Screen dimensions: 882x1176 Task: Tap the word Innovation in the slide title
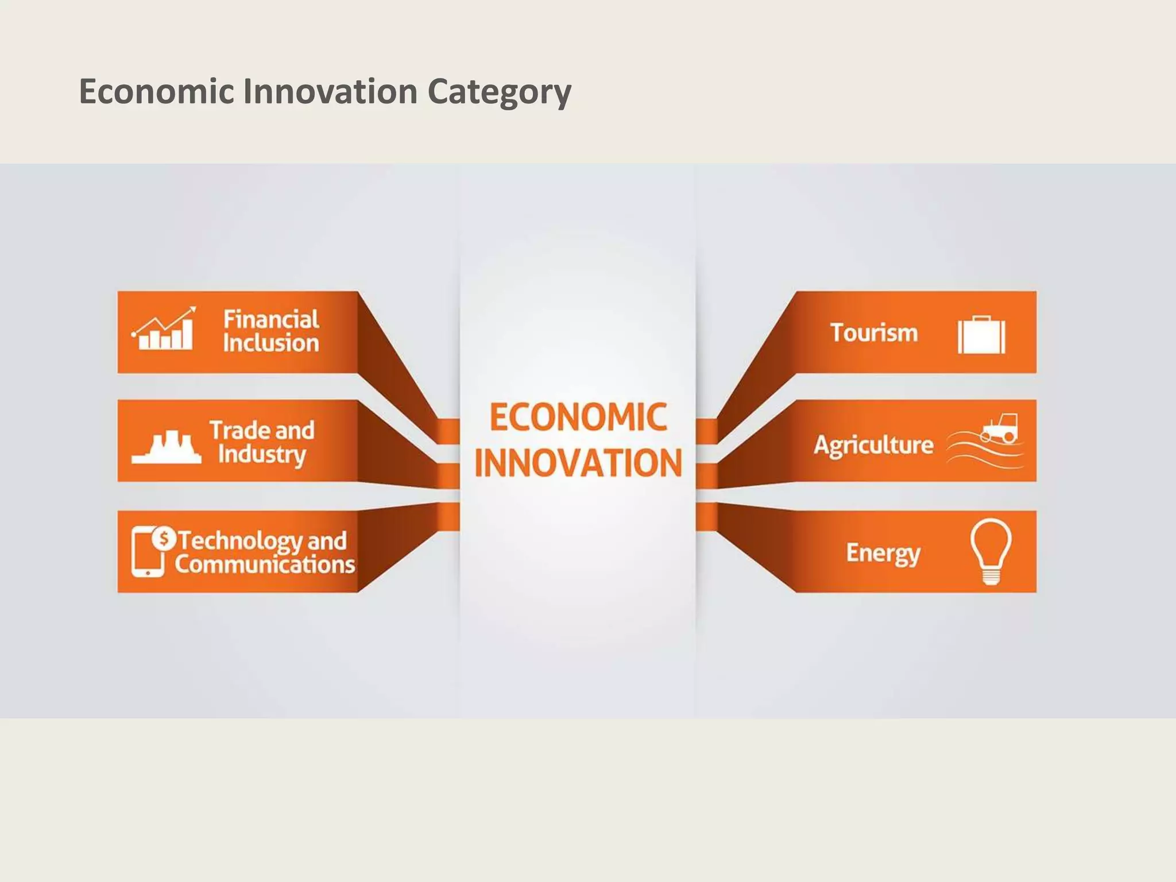330,92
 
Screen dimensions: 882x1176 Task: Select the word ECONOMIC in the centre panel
578,417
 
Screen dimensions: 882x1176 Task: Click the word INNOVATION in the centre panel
578,463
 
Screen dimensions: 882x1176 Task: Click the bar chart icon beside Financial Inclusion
164,329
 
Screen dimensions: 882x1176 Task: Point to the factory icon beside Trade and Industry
167,447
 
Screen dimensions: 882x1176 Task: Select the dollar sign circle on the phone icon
164,539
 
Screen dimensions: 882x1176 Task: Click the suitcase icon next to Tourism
981,335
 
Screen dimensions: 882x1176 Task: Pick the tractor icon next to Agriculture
1000,428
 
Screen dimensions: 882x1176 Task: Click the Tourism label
874,333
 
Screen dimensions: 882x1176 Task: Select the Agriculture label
873,445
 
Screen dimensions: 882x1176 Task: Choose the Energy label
883,553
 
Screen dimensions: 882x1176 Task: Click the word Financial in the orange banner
271,319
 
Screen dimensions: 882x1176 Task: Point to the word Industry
262,454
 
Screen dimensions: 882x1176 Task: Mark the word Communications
265,564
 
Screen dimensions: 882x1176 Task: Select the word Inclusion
271,343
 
